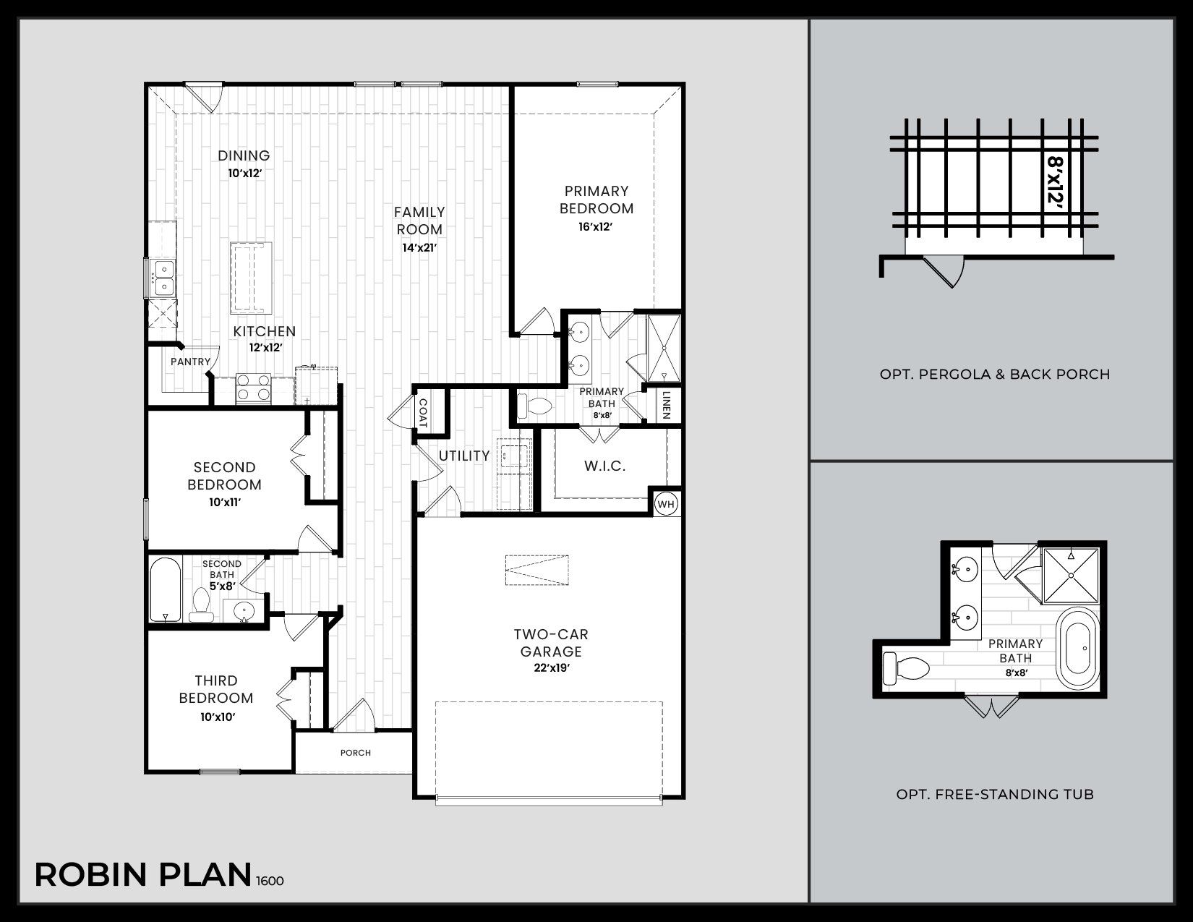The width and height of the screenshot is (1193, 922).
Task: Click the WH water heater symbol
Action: [x=666, y=504]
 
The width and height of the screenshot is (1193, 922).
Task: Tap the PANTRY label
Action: [x=190, y=362]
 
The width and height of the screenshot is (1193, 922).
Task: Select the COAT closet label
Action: [x=423, y=413]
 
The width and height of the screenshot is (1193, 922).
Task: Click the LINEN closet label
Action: [x=667, y=405]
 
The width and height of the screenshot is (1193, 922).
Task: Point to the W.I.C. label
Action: [x=604, y=466]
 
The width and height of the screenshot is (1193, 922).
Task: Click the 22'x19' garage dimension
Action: [x=551, y=668]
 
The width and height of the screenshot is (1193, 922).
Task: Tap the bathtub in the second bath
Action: [x=165, y=589]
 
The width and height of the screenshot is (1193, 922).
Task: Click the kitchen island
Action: [x=251, y=278]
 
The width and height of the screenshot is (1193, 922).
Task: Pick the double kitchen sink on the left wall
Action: [x=164, y=278]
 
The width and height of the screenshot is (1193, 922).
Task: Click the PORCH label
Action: [x=356, y=753]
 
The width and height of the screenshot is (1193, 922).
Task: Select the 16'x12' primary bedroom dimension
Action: [x=596, y=227]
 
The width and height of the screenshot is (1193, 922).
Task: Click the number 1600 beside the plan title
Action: [x=269, y=881]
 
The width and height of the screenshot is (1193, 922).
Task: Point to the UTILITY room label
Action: [x=464, y=456]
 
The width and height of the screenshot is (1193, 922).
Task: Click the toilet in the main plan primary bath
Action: [x=534, y=407]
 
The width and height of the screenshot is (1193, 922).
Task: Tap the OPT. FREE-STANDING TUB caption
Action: [x=994, y=794]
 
